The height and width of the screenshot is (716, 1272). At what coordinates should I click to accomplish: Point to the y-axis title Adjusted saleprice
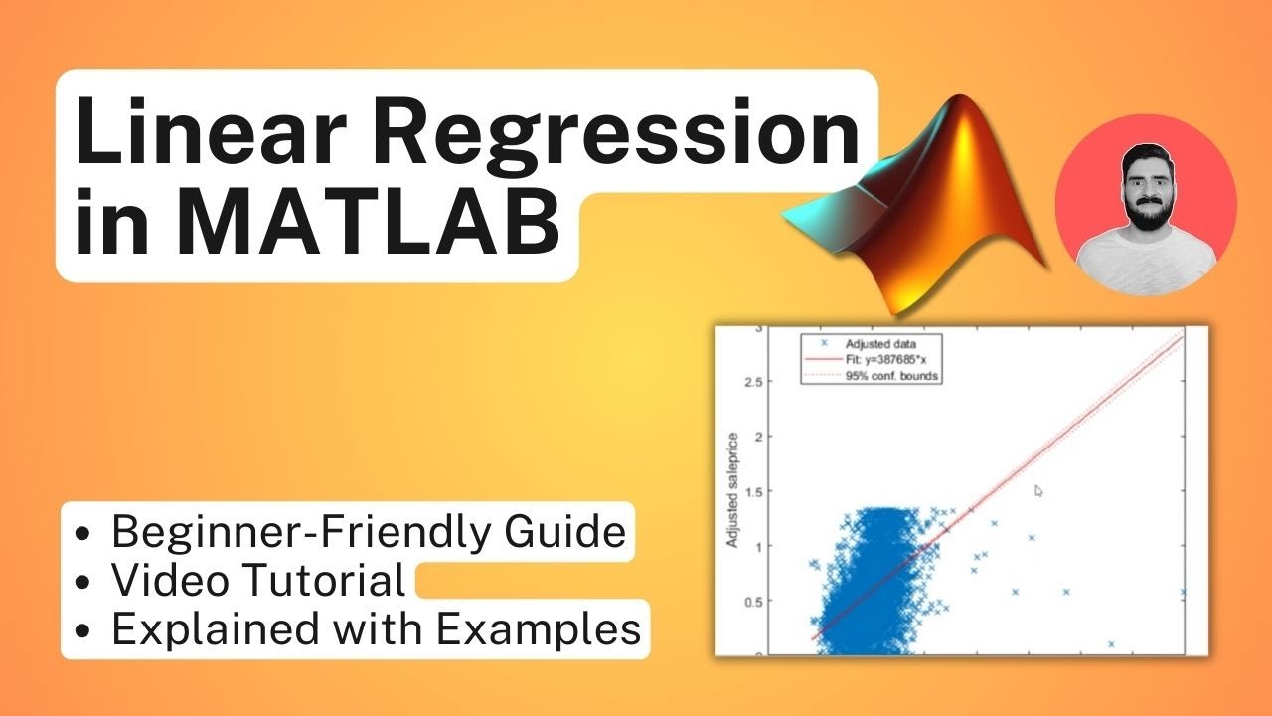(x=734, y=489)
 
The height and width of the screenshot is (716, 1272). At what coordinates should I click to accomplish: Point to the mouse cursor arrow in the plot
(x=1039, y=491)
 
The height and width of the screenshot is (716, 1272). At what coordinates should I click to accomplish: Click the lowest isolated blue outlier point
(x=1110, y=644)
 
